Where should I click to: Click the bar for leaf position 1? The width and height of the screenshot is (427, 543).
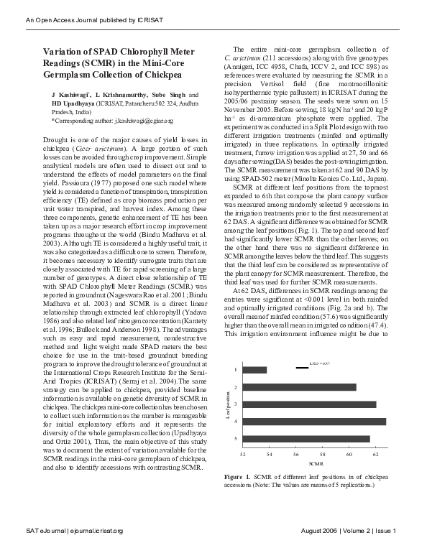[254, 370]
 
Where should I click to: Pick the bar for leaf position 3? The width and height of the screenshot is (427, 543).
[310, 404]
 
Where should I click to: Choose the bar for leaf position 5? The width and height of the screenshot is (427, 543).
[306, 439]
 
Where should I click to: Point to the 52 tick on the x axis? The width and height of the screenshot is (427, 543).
[242, 455]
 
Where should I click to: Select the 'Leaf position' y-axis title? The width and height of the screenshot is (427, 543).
[228, 404]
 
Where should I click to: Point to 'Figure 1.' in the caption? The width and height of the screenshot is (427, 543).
[238, 477]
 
